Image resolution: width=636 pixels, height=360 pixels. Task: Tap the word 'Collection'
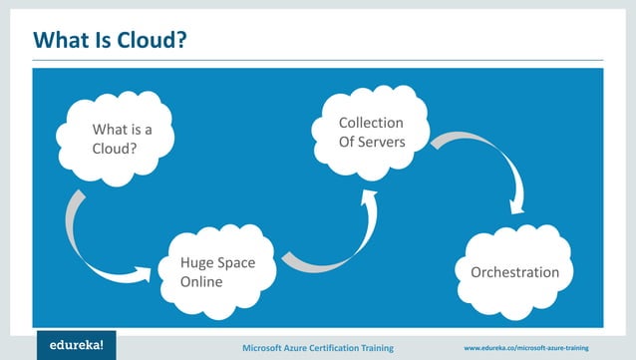coord(371,124)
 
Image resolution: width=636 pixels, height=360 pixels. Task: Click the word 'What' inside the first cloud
coord(109,129)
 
